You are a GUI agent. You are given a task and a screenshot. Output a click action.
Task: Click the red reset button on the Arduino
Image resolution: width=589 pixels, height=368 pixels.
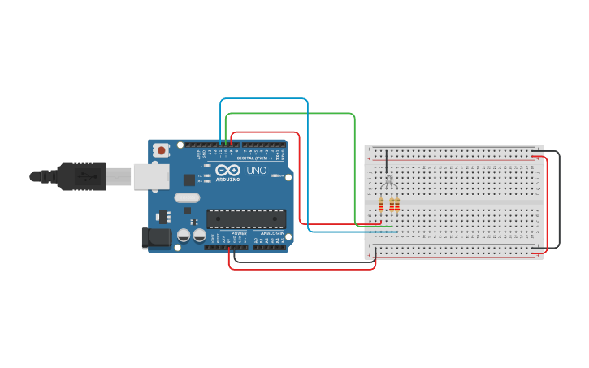click(x=162, y=149)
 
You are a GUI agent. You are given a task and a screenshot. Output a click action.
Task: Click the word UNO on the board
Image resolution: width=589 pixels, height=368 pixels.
click(x=256, y=171)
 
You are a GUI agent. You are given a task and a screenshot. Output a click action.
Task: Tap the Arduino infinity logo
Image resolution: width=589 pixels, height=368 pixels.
click(x=227, y=171)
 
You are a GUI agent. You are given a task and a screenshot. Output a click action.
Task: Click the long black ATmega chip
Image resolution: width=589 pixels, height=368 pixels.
click(x=246, y=219)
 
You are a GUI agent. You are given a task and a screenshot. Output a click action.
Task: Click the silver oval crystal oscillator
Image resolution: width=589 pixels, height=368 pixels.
click(x=187, y=197)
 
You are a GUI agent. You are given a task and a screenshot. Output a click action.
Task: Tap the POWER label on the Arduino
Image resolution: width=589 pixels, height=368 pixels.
click(x=239, y=233)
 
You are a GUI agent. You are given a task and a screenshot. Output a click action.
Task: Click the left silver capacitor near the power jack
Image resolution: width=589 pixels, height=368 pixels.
click(x=184, y=235)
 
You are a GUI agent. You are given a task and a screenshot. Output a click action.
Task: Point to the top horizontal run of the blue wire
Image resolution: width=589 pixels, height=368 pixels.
click(x=264, y=99)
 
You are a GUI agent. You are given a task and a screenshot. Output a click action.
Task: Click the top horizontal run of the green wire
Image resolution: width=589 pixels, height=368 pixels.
click(x=289, y=114)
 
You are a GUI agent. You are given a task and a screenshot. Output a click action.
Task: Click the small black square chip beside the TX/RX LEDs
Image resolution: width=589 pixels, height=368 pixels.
click(x=189, y=180)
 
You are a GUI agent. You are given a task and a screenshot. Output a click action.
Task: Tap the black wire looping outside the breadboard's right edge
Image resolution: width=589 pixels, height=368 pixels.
click(x=559, y=199)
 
